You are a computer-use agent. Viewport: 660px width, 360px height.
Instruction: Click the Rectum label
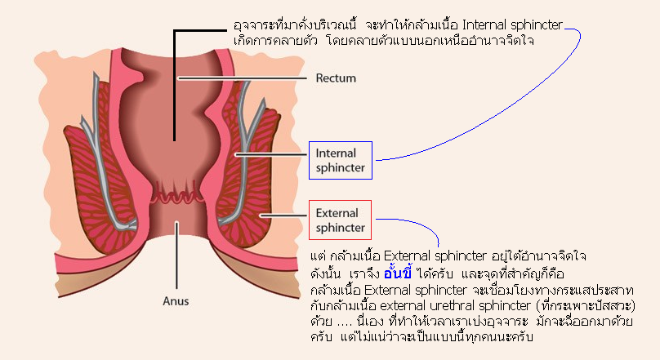pos(336,78)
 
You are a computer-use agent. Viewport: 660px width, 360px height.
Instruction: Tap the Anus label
pos(176,301)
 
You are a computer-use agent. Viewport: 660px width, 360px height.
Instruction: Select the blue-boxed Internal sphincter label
pos(341,160)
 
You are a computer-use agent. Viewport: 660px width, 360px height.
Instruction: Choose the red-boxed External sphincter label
pos(340,220)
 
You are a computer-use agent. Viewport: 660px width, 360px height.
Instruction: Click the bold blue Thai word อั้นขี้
pos(398,273)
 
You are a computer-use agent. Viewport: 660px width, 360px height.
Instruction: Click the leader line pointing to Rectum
pos(243,78)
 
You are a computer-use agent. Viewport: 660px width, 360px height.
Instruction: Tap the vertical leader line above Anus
pos(176,256)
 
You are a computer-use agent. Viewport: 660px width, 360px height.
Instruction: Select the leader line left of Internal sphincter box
pos(271,155)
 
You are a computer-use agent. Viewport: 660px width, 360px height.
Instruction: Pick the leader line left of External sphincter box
pos(283,216)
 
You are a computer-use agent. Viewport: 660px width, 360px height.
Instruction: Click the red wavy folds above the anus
pos(176,194)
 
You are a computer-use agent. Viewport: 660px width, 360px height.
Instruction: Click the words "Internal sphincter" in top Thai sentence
pos(512,25)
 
